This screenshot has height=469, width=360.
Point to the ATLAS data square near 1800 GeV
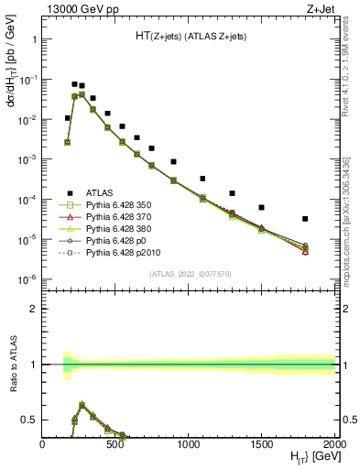pos(305,219)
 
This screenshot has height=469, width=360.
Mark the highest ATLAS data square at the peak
pos(74,84)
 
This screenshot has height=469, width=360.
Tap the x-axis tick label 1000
pos(189,443)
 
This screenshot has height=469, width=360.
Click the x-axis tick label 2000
pos(334,443)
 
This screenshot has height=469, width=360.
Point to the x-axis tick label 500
pos(115,443)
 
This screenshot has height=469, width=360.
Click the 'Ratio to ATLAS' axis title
pos(12,365)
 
